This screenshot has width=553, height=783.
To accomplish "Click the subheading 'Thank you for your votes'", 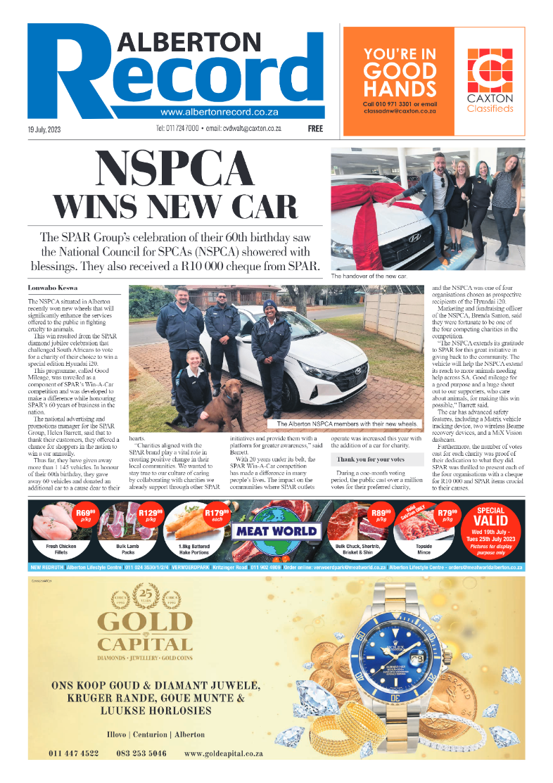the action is point(368,459).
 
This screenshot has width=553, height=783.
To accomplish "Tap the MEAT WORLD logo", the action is point(278,531).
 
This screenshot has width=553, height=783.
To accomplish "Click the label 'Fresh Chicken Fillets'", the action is point(55,548).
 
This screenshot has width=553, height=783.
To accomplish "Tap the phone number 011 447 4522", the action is point(74,753).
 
